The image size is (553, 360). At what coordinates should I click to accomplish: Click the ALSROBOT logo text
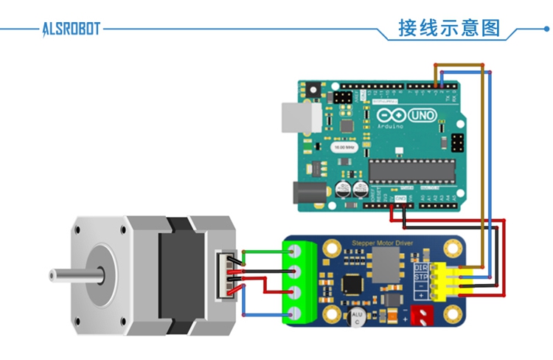point(71,30)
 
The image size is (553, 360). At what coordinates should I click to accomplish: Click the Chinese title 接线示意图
point(449,29)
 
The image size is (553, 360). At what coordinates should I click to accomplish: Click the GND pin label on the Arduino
point(400,198)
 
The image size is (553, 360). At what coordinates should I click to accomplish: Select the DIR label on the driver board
point(421,266)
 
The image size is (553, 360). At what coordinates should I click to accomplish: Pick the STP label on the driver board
point(421,277)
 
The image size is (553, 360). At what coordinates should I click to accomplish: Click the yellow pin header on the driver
point(447,281)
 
